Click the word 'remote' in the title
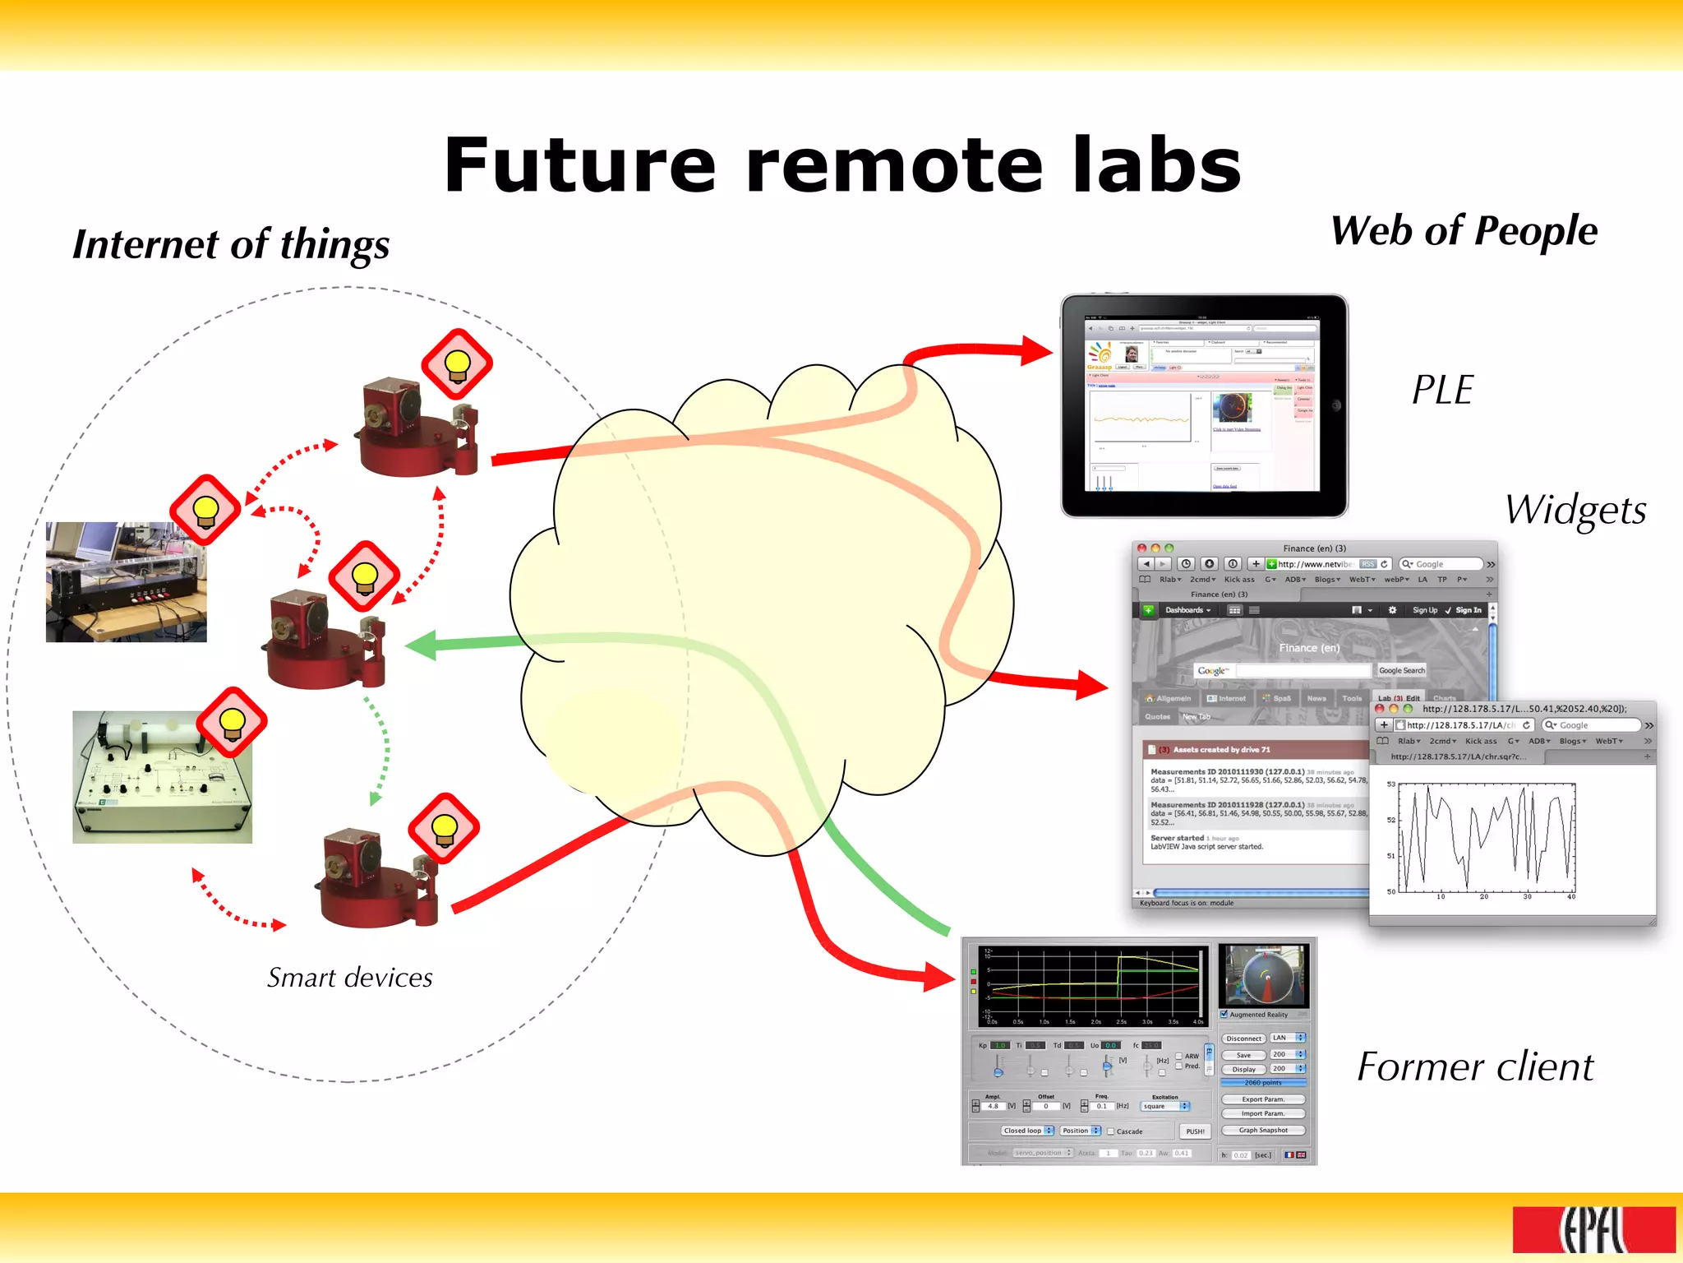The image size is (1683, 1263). (894, 166)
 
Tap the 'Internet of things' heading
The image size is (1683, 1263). (231, 245)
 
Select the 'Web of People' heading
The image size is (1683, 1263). (1464, 231)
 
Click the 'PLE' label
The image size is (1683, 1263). (1442, 390)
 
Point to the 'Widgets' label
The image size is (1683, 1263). (1575, 510)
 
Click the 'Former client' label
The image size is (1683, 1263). (1475, 1067)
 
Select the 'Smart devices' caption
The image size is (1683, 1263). (349, 978)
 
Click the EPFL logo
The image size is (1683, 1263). (1593, 1230)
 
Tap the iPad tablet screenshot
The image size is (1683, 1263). (1204, 406)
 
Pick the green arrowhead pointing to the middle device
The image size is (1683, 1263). (422, 645)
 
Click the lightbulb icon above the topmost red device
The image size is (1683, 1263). (457, 364)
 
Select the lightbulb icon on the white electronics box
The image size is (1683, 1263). (232, 722)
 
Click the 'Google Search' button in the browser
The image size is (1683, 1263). (1401, 670)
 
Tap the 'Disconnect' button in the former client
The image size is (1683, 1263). (1243, 1039)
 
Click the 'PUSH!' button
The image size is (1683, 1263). (1195, 1131)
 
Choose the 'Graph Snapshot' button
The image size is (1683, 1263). (1263, 1131)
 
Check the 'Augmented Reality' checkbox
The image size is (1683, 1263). (1224, 1015)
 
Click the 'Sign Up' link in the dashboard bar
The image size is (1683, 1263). (1424, 610)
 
